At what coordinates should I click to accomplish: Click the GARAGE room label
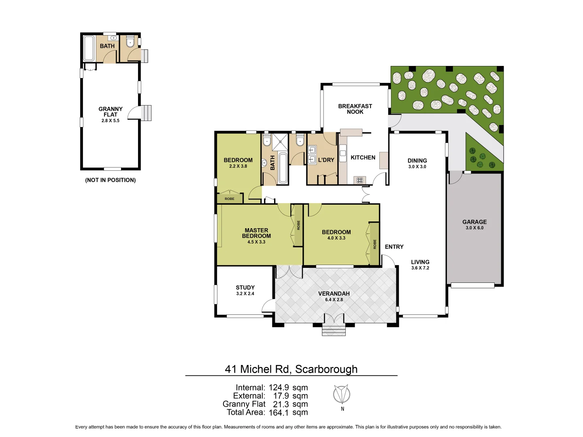[x=474, y=222]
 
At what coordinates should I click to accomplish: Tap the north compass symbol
[x=342, y=394]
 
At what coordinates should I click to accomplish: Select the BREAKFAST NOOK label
[x=355, y=109]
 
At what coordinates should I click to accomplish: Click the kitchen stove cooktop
[x=360, y=180]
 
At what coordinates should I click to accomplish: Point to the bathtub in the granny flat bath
[x=89, y=48]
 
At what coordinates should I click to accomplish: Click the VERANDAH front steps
[x=334, y=331]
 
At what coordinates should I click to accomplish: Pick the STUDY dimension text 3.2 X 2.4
[x=245, y=294]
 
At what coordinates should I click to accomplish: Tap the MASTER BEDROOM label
[x=256, y=233]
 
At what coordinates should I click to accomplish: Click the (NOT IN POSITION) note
[x=110, y=180]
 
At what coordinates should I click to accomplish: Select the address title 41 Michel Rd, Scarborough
[x=291, y=369]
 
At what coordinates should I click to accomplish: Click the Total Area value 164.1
[x=279, y=413]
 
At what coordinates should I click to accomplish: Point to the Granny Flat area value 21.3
[x=281, y=404]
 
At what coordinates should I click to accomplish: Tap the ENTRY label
[x=394, y=247]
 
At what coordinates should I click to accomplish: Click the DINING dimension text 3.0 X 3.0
[x=417, y=167]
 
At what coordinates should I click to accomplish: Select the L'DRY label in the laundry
[x=326, y=160]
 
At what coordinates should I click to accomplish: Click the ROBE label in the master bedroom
[x=298, y=225]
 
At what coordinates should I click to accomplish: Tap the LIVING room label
[x=420, y=262]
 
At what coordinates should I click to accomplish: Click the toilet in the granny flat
[x=130, y=42]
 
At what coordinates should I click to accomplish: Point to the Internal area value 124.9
[x=279, y=388]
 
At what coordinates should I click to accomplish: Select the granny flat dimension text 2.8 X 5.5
[x=110, y=121]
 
